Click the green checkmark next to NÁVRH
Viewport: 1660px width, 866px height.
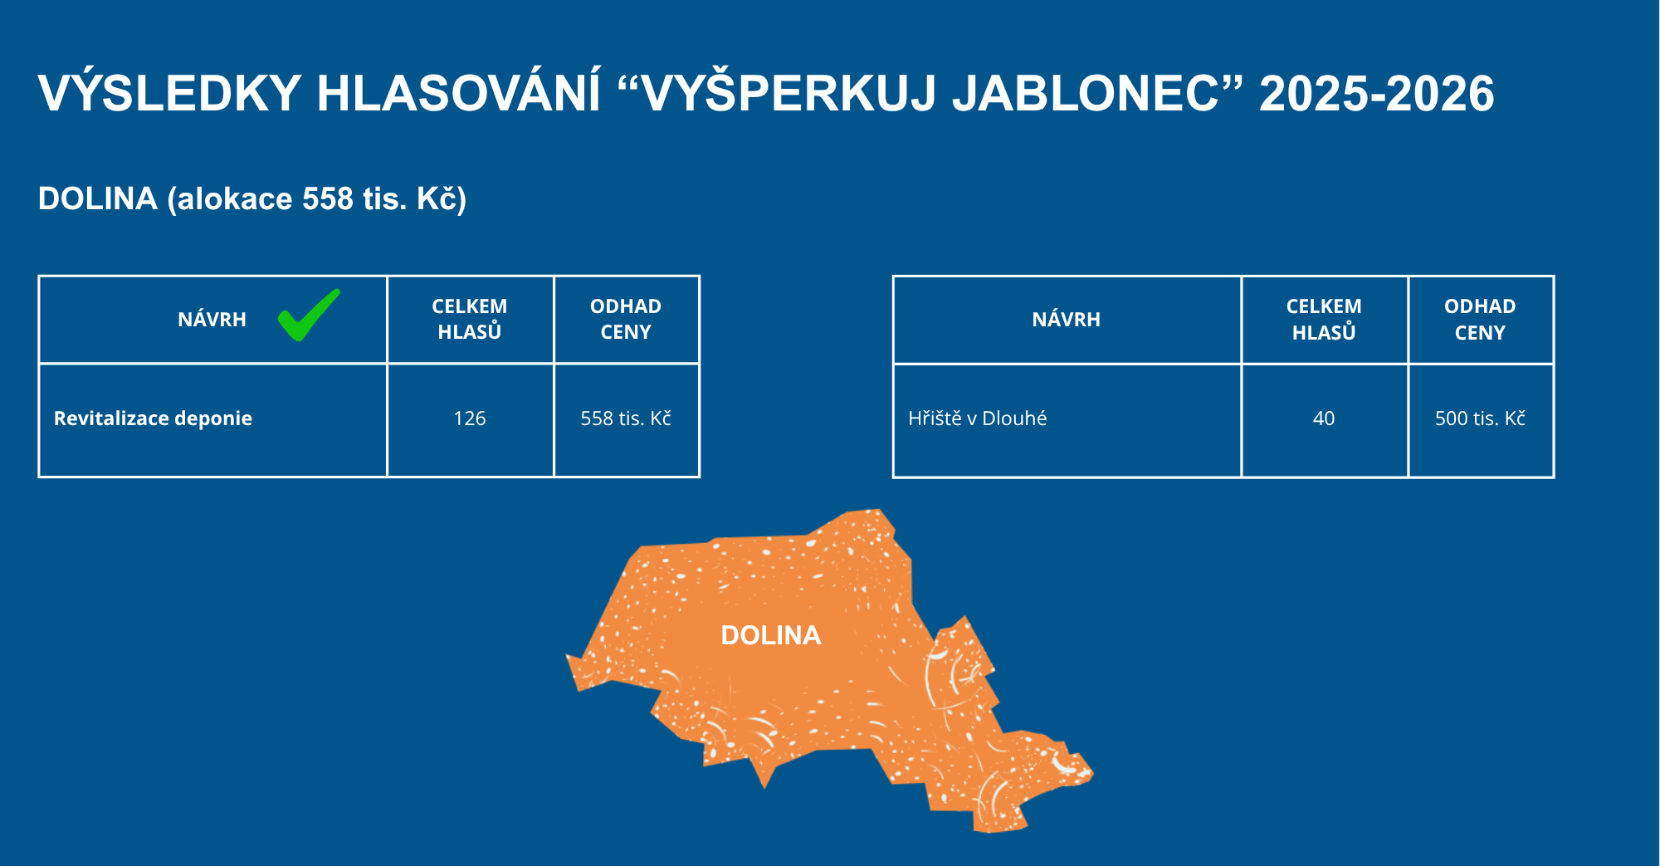pos(308,316)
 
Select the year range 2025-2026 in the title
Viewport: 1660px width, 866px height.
pos(1377,93)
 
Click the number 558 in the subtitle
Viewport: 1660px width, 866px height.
pos(328,199)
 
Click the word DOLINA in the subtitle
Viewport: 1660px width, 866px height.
pos(98,199)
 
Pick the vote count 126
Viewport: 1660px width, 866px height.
pos(470,418)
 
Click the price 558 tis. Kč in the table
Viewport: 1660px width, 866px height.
pos(626,418)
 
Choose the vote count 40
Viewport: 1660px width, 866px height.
pos(1324,418)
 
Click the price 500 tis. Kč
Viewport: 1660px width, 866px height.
pos(1480,418)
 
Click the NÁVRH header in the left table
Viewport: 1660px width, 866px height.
pos(212,320)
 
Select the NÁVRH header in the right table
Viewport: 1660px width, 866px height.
pos(1066,320)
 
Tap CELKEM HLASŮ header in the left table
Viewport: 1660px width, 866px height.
pos(470,319)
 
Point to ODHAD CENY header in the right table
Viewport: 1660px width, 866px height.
pos(1480,320)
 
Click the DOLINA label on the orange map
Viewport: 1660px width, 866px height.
pos(771,635)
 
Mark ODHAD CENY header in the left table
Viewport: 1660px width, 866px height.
pos(626,319)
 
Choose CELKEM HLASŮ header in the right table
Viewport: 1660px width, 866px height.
pos(1324,320)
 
